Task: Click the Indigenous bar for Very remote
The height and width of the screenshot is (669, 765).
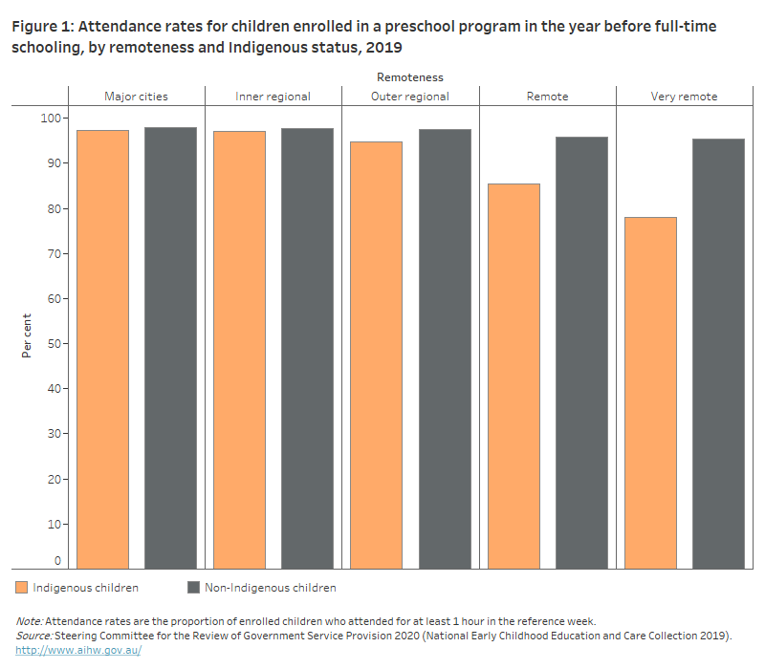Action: (x=650, y=393)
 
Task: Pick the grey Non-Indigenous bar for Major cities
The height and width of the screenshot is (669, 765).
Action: (x=170, y=348)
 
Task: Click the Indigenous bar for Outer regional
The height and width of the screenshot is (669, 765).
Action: (x=376, y=355)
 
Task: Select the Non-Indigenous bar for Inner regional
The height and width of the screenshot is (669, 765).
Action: (x=307, y=348)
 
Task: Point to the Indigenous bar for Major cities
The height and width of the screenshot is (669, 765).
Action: (x=102, y=349)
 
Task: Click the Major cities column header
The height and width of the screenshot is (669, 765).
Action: (x=136, y=97)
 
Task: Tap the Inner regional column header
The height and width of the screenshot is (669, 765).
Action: (x=273, y=97)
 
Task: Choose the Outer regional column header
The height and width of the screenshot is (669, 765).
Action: (x=409, y=97)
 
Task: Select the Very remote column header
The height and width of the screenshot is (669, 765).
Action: (x=684, y=97)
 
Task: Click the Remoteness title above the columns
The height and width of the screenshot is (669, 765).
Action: (x=409, y=77)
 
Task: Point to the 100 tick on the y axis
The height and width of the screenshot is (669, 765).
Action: (x=49, y=118)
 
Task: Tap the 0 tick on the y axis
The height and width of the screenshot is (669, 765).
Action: (x=57, y=561)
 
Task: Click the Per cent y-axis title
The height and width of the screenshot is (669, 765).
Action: (x=27, y=334)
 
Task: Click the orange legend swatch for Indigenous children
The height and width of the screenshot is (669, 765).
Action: (x=21, y=587)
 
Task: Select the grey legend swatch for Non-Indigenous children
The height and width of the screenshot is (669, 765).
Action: (x=192, y=587)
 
